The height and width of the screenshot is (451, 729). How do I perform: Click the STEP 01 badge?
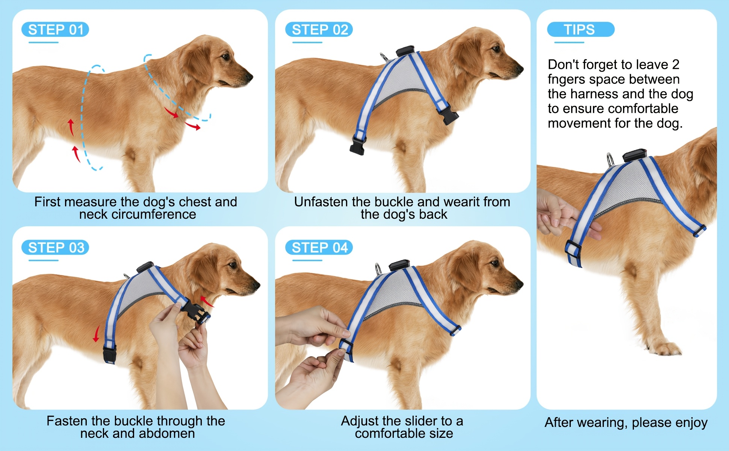click(x=55, y=30)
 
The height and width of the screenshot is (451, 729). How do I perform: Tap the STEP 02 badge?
click(x=319, y=30)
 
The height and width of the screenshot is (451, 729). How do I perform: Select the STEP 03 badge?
click(x=55, y=248)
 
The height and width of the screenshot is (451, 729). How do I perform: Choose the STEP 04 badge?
click(x=319, y=248)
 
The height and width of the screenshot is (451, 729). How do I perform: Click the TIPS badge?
click(x=581, y=30)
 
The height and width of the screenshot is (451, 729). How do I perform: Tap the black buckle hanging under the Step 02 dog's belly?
click(x=358, y=145)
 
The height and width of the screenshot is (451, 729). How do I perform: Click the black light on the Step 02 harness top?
click(x=405, y=51)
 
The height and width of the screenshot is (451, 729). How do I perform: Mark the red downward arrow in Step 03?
click(x=97, y=334)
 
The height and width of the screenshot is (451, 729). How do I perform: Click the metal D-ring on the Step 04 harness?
click(x=378, y=269)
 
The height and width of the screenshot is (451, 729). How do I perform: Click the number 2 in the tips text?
click(x=676, y=65)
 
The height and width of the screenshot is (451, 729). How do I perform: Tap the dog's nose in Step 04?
click(x=520, y=285)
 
